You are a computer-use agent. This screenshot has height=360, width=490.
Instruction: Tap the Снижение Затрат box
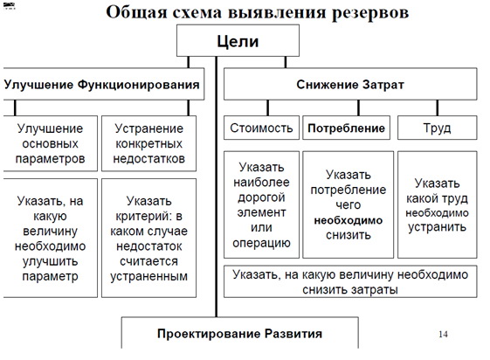(350, 85)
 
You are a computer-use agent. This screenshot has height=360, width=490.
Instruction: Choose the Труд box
(436, 128)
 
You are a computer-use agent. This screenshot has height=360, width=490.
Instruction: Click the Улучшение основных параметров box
(50, 144)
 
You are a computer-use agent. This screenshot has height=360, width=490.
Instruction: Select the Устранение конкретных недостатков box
(148, 144)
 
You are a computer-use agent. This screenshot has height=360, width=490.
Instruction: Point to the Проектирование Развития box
(240, 334)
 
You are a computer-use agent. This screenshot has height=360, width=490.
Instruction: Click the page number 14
(442, 334)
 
